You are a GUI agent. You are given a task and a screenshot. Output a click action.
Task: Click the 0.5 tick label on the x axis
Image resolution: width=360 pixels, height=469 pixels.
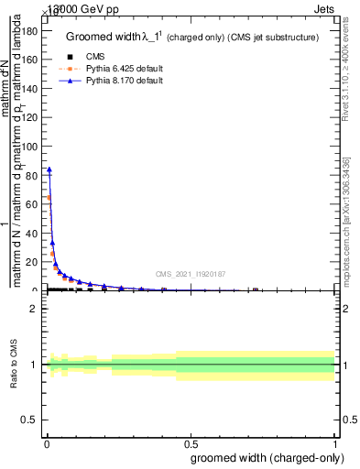click(x=191, y=442)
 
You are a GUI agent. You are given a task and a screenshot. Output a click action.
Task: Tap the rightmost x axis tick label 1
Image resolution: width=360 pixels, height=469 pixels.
click(x=335, y=442)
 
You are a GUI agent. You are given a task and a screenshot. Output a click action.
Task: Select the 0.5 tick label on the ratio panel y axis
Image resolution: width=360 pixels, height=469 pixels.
click(x=29, y=420)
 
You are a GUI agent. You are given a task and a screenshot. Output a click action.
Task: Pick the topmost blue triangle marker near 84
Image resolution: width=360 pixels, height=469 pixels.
click(x=49, y=169)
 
